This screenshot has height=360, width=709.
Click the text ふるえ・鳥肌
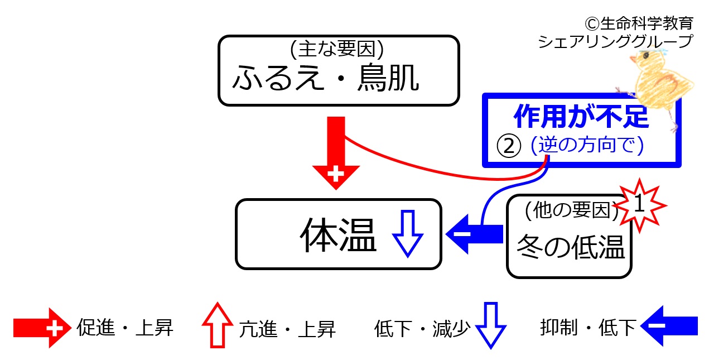click(x=326, y=78)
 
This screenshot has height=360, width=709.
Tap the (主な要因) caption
click(x=337, y=49)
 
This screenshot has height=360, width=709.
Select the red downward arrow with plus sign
click(x=336, y=153)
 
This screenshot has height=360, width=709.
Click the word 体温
click(x=338, y=234)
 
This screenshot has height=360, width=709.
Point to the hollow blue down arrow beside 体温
click(x=408, y=233)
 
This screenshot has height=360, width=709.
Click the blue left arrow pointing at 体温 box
click(x=474, y=234)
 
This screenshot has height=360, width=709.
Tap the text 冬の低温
click(x=571, y=247)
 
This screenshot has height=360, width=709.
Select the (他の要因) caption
click(x=572, y=210)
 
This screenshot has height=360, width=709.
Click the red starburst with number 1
click(x=640, y=205)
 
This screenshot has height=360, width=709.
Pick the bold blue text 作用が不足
click(x=581, y=116)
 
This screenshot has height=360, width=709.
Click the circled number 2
click(x=509, y=146)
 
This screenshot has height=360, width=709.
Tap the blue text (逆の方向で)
click(x=587, y=145)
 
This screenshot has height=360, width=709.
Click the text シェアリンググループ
click(x=616, y=41)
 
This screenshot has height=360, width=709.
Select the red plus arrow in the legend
click(x=42, y=328)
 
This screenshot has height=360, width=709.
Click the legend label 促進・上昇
click(x=125, y=328)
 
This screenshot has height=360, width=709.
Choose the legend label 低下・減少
click(x=422, y=328)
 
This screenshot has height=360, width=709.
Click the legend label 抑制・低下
click(x=589, y=327)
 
